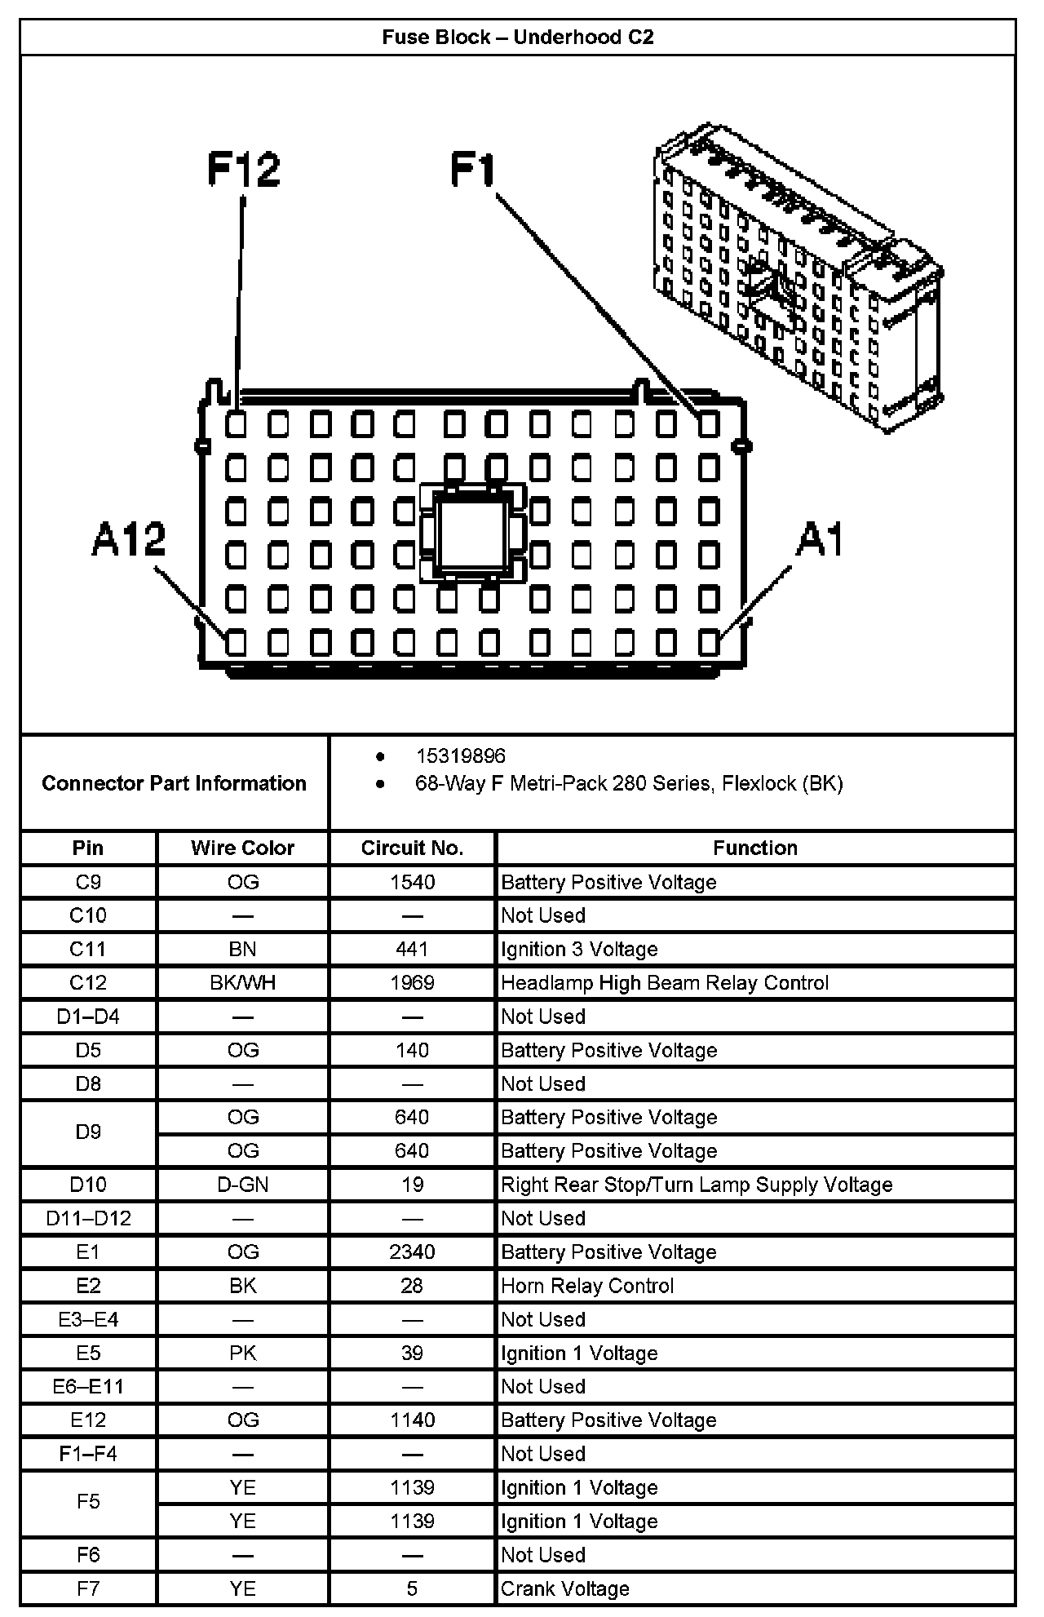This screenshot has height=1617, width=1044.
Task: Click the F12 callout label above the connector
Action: click(x=243, y=170)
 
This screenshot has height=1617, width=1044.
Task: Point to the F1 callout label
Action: click(x=473, y=171)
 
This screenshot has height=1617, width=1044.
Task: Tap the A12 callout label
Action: click(x=129, y=539)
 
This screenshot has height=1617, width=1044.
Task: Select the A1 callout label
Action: click(x=820, y=539)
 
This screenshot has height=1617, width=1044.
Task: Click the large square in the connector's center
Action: click(x=472, y=532)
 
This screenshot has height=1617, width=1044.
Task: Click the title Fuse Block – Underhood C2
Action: click(x=518, y=38)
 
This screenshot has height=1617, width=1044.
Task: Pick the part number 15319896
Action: click(x=460, y=756)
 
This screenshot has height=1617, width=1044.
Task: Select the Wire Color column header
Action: click(x=242, y=848)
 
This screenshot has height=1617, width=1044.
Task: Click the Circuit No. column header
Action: click(x=412, y=848)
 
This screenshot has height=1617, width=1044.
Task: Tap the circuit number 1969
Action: click(x=412, y=982)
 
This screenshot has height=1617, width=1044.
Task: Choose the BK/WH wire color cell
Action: click(x=242, y=982)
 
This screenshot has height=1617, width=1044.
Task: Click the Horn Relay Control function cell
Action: click(x=587, y=1286)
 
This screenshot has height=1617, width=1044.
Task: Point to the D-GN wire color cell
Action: click(x=242, y=1185)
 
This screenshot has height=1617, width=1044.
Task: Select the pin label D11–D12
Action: click(x=88, y=1218)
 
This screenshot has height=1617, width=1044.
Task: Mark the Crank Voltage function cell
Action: click(x=564, y=1588)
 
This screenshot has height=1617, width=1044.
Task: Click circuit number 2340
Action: click(x=412, y=1252)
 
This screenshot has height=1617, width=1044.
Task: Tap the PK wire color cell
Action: click(x=242, y=1353)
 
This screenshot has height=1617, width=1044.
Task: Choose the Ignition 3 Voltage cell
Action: click(x=579, y=949)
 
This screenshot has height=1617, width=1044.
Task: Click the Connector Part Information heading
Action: click(x=174, y=783)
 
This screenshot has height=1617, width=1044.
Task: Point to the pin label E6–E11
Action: click(x=88, y=1386)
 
